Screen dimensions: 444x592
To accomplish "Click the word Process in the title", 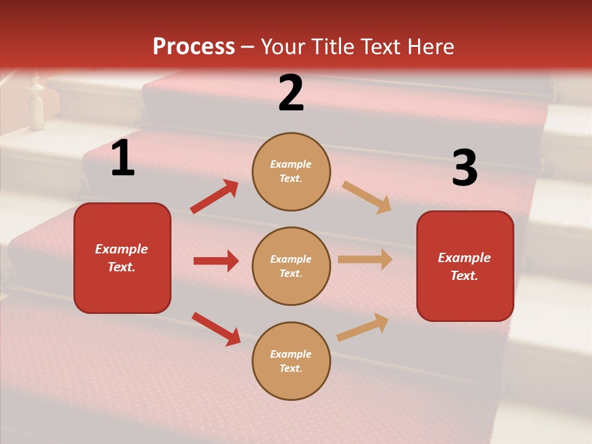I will pyautogui.click(x=194, y=47).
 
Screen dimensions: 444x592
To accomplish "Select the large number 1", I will pyautogui.click(x=123, y=158).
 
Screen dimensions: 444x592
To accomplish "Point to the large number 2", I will pyautogui.click(x=291, y=93).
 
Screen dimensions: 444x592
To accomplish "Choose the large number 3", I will pyautogui.click(x=464, y=168).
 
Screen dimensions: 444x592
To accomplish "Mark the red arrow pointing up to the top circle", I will pyautogui.click(x=215, y=197).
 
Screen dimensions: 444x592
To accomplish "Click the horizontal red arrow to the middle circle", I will pyautogui.click(x=216, y=261).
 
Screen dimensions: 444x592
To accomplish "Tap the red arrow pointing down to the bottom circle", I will pyautogui.click(x=216, y=329).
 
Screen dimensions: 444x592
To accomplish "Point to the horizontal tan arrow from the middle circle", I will pyautogui.click(x=365, y=260).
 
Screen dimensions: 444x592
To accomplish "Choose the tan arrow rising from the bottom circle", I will pyautogui.click(x=363, y=327).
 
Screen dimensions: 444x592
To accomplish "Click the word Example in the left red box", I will pyautogui.click(x=121, y=249).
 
